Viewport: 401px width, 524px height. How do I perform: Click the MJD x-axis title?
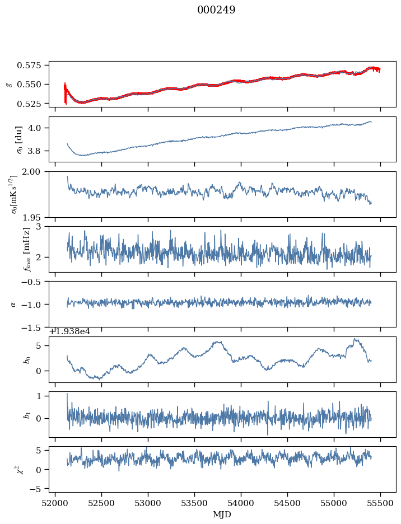(x=222, y=514)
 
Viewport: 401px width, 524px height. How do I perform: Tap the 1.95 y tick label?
(x=38, y=217)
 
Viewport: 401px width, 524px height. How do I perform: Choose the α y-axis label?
(x=13, y=304)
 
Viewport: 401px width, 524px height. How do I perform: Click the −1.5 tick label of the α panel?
(x=35, y=327)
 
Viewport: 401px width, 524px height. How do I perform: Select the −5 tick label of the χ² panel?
(x=40, y=489)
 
